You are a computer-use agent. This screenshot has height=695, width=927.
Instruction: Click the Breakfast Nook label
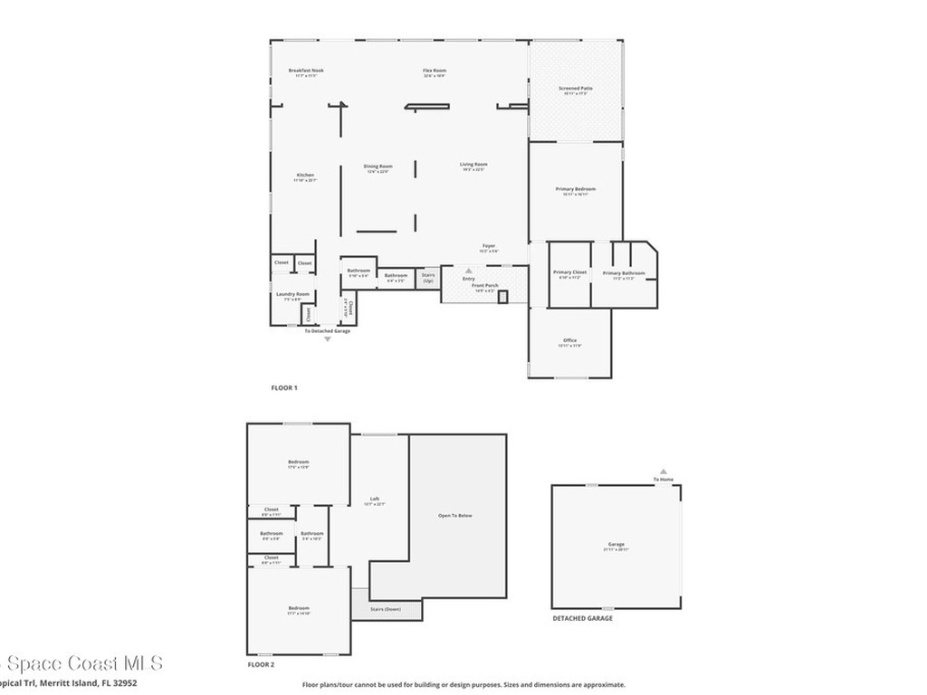[306, 71]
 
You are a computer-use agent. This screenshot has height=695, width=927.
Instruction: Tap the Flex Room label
[435, 71]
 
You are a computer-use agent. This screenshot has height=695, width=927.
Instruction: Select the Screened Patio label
[575, 89]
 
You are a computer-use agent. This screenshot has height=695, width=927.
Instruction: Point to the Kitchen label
[305, 175]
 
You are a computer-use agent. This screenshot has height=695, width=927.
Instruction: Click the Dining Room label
[377, 167]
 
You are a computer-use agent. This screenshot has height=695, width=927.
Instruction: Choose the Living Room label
[473, 165]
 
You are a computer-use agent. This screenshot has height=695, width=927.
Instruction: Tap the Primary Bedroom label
[576, 189]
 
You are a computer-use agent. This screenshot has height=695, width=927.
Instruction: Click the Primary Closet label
[570, 272]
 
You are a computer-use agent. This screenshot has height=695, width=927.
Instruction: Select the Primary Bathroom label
[624, 273]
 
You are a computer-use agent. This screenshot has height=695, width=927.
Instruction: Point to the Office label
[570, 340]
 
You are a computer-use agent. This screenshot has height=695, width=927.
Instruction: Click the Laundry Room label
[292, 294]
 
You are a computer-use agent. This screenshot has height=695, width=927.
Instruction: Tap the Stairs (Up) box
[428, 279]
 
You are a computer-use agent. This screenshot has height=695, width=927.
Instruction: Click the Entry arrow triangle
[469, 270]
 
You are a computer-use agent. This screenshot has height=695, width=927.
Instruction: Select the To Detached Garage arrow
[328, 339]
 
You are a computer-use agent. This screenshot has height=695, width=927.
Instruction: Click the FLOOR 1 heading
[284, 388]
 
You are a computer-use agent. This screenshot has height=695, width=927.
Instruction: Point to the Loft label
[375, 500]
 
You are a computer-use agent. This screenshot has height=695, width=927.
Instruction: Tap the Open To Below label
[455, 516]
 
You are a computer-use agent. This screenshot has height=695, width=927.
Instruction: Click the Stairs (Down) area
[387, 609]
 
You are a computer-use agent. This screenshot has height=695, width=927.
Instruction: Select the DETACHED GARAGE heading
[582, 618]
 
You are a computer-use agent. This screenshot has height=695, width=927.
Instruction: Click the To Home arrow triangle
[664, 471]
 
